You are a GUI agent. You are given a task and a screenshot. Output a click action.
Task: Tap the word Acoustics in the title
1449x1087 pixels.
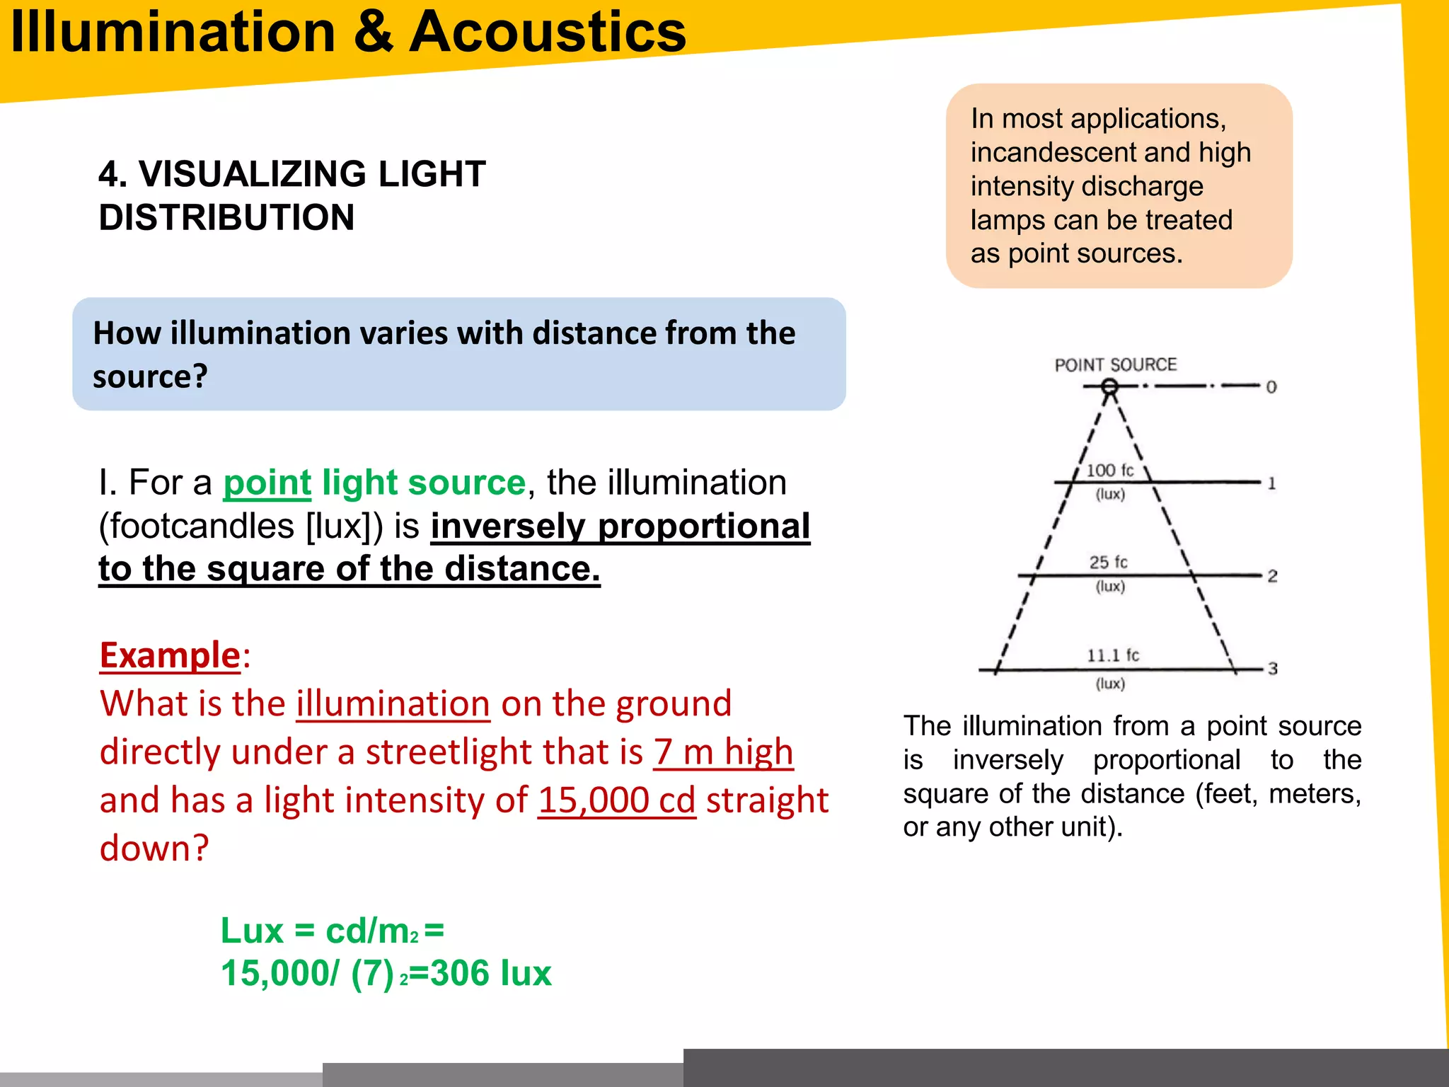pos(548,33)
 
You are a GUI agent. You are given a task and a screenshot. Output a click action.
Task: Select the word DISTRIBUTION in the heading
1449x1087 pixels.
pos(226,217)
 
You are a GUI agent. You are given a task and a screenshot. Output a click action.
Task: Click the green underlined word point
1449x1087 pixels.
pos(267,483)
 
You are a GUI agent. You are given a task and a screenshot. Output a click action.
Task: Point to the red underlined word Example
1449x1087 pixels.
pos(170,655)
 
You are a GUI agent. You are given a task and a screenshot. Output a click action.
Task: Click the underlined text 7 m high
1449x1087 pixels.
pos(722,752)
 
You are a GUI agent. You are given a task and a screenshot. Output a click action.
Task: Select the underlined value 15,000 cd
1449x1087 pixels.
pos(616,800)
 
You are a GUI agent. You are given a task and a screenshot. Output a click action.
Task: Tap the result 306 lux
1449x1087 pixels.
pos(490,973)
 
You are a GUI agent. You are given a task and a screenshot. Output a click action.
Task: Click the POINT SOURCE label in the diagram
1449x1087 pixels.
pos(1115,365)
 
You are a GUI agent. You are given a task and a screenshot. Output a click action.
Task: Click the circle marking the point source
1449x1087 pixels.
pos(1109,386)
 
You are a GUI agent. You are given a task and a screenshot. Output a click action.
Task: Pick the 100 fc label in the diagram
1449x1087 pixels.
pos(1109,471)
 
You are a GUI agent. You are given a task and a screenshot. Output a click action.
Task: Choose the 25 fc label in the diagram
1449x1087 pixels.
pos(1108,563)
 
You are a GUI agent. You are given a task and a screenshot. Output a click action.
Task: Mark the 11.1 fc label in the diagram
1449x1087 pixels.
pos(1112,655)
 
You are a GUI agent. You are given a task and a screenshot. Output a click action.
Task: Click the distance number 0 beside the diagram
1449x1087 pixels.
pos(1271,387)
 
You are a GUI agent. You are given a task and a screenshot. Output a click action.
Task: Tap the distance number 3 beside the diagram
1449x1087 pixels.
pos(1272,669)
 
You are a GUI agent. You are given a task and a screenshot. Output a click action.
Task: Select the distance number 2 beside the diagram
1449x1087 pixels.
pos(1272,576)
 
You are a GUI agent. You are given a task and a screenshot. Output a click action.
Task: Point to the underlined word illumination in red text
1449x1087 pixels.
pos(393,704)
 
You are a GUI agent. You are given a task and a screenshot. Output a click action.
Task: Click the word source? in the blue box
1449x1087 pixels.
pos(150,376)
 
